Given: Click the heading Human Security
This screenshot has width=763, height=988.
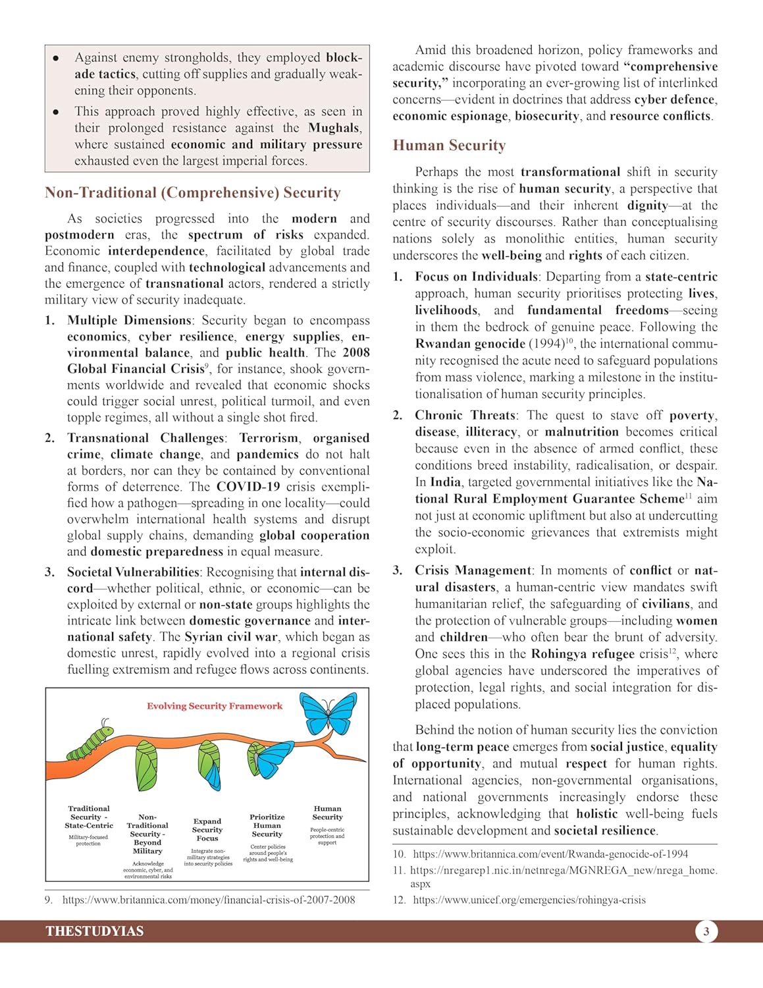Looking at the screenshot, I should pos(449,146).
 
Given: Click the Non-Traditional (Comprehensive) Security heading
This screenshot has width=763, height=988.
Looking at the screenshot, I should pos(193,193).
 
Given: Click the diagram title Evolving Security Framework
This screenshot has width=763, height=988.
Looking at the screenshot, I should pos(215,706).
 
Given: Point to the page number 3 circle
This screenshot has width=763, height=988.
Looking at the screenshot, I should pos(706,931).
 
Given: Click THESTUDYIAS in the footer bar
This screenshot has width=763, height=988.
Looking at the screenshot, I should pos(94,931).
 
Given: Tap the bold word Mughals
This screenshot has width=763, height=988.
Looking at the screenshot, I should pos(334,128).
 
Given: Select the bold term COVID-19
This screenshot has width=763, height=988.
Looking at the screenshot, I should pos(248,487).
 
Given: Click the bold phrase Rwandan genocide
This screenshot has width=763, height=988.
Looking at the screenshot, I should pos(470,344).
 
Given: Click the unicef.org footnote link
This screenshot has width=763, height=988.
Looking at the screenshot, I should pos(529,900).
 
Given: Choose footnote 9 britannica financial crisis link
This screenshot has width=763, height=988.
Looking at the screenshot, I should pos(209,900).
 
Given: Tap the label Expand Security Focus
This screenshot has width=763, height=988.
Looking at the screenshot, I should pos(207,830).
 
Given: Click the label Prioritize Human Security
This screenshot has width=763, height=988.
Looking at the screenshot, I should pos(267,825).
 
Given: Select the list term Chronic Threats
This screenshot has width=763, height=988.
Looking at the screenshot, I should pos(465,416).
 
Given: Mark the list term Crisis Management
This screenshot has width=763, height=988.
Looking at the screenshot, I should pos(473,570).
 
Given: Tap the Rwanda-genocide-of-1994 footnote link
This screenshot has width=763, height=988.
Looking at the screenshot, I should pos(550,854).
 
